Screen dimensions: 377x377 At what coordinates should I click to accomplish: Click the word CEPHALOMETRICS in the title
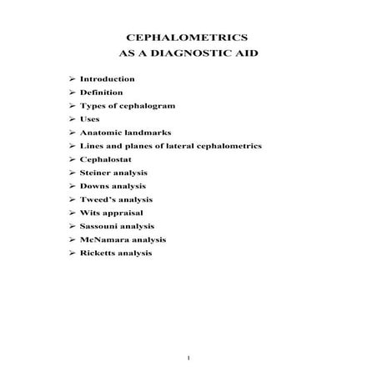click(x=188, y=38)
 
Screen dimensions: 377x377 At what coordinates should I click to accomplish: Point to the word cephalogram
click(x=139, y=105)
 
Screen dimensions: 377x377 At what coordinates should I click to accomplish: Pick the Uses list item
click(x=90, y=118)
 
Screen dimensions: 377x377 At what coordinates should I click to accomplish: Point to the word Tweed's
click(x=97, y=199)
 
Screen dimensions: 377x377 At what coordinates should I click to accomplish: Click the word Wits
click(x=89, y=213)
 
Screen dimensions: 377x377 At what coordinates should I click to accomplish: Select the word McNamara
click(x=104, y=239)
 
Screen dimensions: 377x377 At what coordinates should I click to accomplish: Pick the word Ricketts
click(x=98, y=253)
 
